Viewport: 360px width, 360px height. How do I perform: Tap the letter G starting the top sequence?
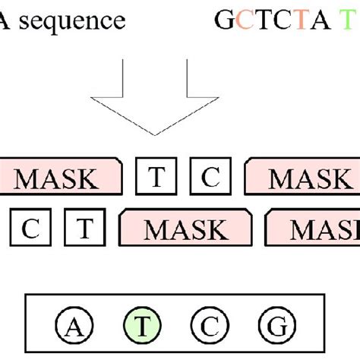click(x=224, y=20)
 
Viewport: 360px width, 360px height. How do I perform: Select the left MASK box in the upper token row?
click(x=58, y=178)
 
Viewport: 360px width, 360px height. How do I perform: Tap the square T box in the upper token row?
click(x=156, y=178)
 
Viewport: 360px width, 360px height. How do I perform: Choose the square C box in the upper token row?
click(x=210, y=178)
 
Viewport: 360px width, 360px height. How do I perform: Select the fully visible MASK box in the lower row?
click(x=187, y=229)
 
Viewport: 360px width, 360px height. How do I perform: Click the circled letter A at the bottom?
click(x=73, y=327)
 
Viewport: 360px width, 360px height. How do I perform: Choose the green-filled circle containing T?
click(x=141, y=327)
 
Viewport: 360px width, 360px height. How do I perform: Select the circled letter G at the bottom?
click(x=273, y=327)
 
